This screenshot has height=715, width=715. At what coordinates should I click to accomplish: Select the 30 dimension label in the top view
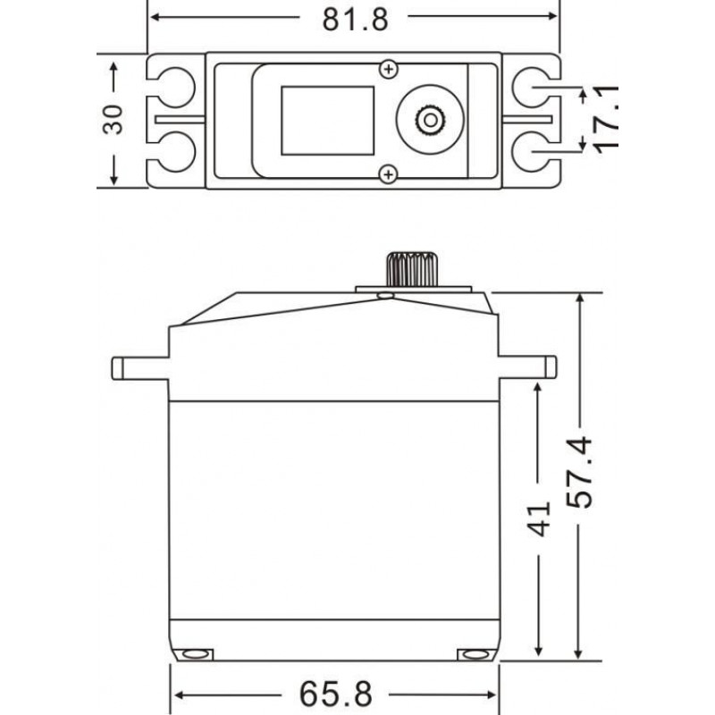pyautogui.click(x=113, y=119)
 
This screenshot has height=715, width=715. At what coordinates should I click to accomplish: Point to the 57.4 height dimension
pyautogui.click(x=583, y=475)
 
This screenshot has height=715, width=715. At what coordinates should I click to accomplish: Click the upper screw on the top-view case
pyautogui.click(x=388, y=68)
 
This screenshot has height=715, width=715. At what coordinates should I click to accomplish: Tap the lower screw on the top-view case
pyautogui.click(x=388, y=173)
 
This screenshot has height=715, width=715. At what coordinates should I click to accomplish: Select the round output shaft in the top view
pyautogui.click(x=432, y=119)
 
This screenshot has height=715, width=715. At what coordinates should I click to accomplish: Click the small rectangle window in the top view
pyautogui.click(x=327, y=120)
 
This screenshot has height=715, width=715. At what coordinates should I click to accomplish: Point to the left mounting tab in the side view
pyautogui.click(x=140, y=366)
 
